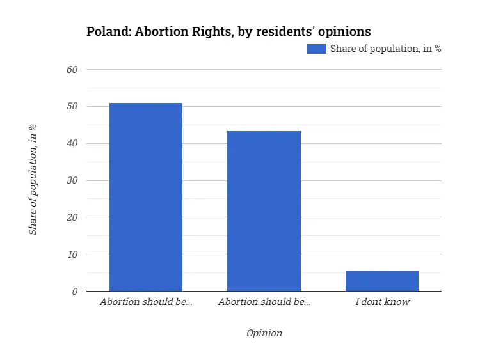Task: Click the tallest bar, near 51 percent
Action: pos(146,197)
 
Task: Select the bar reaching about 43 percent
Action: pos(264,211)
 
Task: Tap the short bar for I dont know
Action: pos(382,281)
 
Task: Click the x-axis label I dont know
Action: pos(382,302)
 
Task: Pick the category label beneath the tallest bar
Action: pos(146,302)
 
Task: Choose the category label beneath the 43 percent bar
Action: pos(264,302)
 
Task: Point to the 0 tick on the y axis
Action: pos(74,292)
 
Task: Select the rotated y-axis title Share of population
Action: pos(33,180)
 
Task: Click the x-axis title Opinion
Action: pos(264,333)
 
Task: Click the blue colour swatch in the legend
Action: pos(317,49)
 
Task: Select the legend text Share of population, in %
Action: pos(385,49)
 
